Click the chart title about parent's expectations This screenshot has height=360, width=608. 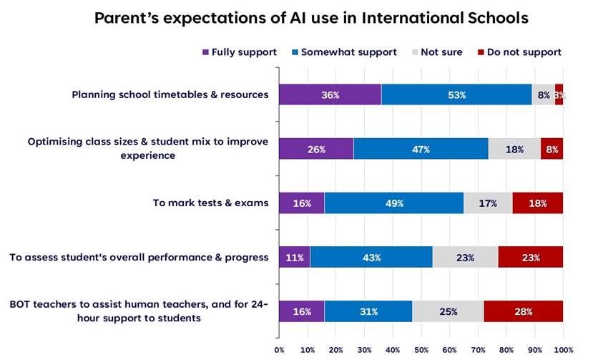pos(311,18)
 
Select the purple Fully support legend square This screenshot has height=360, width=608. pos(207,52)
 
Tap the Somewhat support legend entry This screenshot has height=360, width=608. pos(344,52)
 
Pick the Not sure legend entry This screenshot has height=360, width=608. pos(438,52)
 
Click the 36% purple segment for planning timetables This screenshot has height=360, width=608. pos(330,94)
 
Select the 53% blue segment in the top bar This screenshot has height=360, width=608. pos(456,94)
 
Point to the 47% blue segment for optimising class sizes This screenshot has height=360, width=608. pos(421,149)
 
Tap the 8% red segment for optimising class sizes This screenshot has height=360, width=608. pos(551,149)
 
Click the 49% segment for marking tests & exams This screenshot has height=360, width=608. pos(393,203)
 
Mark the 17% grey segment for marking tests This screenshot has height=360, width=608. pos(488,203)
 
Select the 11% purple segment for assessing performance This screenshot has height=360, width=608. pos(294,257)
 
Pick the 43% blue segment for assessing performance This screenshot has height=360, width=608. pos(371,257)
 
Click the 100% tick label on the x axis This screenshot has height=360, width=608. pos(562,350)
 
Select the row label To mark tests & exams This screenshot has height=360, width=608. pos(210,203)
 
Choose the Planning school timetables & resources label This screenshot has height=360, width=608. pos(170,94)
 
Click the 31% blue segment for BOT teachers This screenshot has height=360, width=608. pos(368,311)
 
